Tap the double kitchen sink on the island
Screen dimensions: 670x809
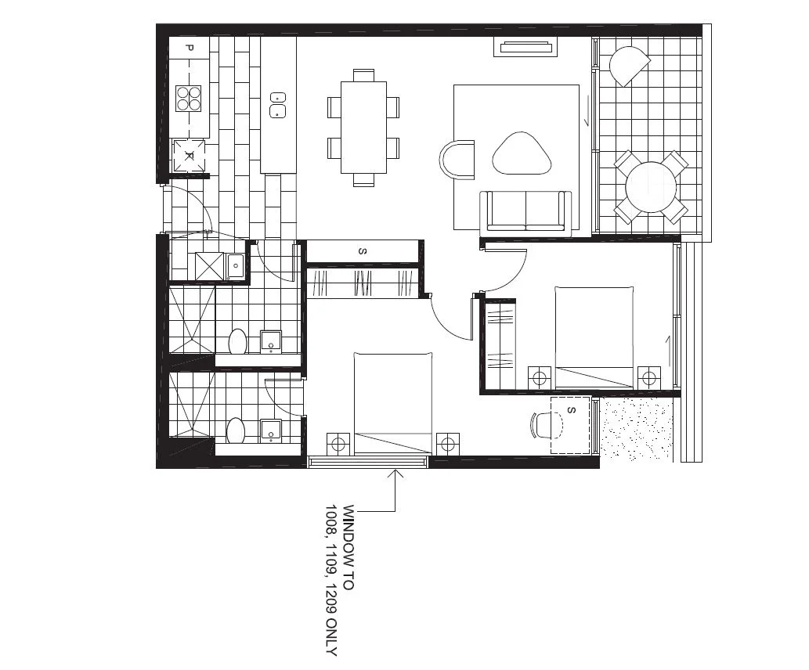pyautogui.click(x=277, y=105)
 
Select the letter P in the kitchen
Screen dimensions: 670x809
pyautogui.click(x=189, y=49)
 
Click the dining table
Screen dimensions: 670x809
pyautogui.click(x=363, y=127)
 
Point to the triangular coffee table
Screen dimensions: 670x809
pyautogui.click(x=522, y=153)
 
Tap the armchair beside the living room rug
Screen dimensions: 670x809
pyautogui.click(x=459, y=160)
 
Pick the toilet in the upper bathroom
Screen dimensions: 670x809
pyautogui.click(x=238, y=342)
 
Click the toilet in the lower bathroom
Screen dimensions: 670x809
pyautogui.click(x=235, y=430)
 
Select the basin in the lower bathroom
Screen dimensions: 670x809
pyautogui.click(x=270, y=430)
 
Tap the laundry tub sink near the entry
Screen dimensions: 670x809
pyautogui.click(x=235, y=266)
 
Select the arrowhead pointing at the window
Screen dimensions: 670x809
pyautogui.click(x=398, y=473)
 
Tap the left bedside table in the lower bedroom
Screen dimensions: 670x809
pyautogui.click(x=338, y=444)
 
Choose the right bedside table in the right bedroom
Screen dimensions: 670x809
pyautogui.click(x=648, y=378)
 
